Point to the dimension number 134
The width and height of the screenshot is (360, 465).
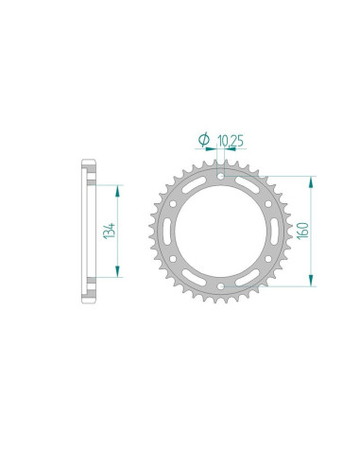point(111,229)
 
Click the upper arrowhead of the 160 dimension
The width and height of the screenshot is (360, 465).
point(310,180)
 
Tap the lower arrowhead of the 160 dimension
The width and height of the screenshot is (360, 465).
point(310,280)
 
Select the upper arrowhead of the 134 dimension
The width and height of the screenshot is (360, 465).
point(116,187)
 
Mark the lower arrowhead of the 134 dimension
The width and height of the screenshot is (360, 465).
point(116,273)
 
